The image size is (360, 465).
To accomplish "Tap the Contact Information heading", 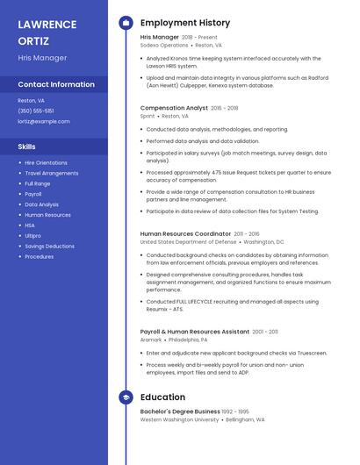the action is (56, 84).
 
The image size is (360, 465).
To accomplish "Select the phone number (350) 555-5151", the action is (36, 111).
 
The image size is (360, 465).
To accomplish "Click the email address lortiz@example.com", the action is (44, 121).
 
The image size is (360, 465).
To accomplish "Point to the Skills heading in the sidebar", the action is (27, 147).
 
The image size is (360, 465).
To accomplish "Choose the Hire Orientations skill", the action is (46, 162).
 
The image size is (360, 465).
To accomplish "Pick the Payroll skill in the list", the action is (33, 194).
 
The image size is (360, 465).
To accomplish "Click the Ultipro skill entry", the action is (32, 235).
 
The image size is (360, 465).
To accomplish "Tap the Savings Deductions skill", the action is (49, 246).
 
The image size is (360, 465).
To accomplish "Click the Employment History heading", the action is (185, 23).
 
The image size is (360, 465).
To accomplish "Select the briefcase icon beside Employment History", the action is (126, 23).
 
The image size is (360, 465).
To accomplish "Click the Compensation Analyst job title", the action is (173, 108).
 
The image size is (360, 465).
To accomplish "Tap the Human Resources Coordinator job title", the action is (185, 234).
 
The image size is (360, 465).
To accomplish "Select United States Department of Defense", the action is (188, 241).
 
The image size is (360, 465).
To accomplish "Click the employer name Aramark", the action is (151, 339).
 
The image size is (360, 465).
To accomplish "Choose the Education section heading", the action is (162, 397).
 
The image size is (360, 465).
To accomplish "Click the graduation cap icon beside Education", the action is (126, 397).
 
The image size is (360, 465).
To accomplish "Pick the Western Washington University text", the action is (179, 419).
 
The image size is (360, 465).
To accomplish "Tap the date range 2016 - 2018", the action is (224, 108).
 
